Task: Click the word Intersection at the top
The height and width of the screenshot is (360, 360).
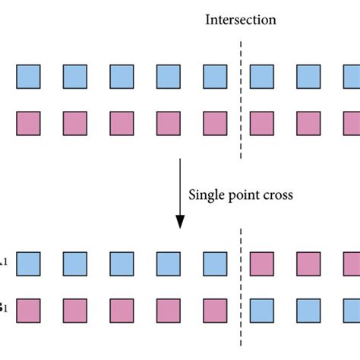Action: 241,19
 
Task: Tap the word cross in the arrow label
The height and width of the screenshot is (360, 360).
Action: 277,194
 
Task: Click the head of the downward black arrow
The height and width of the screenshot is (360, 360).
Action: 180,221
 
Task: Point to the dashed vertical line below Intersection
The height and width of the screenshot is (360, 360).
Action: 242,99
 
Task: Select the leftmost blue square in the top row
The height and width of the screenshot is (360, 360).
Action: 28,76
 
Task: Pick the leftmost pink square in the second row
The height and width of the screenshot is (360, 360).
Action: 28,123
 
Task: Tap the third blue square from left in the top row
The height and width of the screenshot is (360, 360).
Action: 122,76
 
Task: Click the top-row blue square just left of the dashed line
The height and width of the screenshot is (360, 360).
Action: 216,76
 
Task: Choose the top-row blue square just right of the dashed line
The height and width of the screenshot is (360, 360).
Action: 262,76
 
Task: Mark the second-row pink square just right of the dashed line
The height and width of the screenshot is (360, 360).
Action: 262,123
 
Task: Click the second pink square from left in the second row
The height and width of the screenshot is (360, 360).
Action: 75,123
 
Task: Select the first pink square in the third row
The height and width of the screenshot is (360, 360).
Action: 262,264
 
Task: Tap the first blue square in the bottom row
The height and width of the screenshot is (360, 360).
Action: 262,311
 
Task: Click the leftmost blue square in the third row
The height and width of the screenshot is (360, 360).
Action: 28,264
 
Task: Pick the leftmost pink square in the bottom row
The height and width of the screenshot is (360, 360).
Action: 28,311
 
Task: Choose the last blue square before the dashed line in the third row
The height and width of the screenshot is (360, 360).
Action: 216,264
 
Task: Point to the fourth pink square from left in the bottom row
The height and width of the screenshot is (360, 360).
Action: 169,311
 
